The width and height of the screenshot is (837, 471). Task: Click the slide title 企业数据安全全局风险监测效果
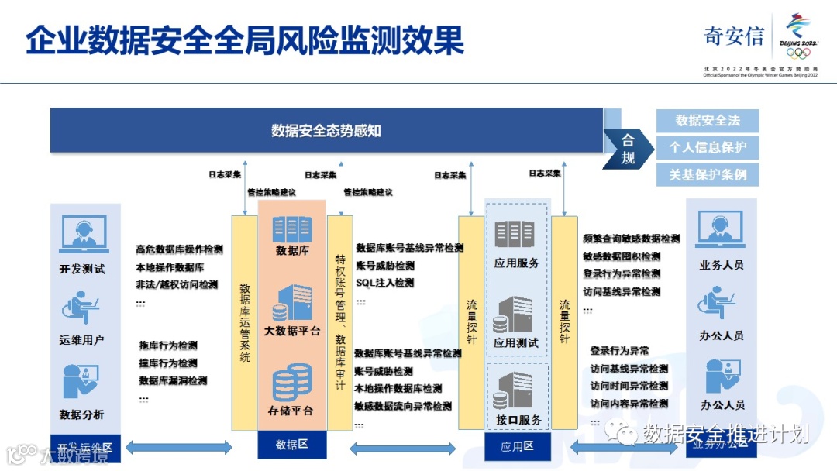point(245,40)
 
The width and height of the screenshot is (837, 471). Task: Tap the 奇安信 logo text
point(733,36)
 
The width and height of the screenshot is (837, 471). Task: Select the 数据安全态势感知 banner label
point(325,130)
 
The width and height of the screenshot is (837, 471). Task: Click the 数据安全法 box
point(708,121)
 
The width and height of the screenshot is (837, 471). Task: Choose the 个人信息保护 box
point(708,147)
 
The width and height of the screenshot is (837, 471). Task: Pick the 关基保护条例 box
point(708,174)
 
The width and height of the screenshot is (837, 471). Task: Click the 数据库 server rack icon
point(291,229)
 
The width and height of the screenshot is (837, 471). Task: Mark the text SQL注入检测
point(384,283)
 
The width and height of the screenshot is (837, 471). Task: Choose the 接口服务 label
point(518,420)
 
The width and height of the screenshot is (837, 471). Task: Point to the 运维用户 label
point(81,340)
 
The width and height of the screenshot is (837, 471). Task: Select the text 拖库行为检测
point(168,346)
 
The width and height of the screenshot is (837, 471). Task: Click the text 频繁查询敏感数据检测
point(631,239)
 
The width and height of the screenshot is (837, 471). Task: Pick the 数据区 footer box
point(291,445)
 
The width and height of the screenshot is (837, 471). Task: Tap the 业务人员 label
point(722,265)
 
